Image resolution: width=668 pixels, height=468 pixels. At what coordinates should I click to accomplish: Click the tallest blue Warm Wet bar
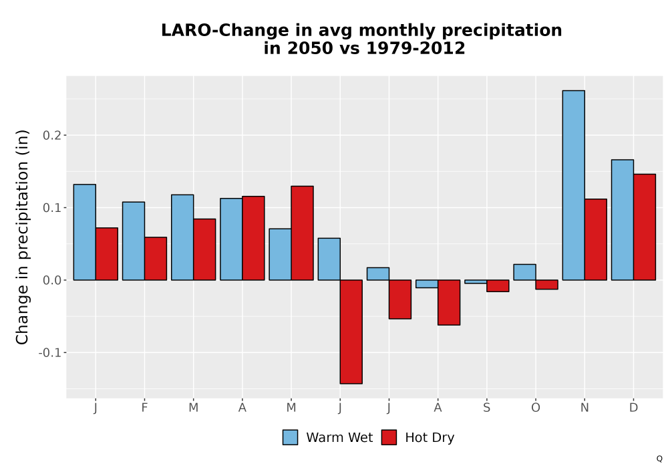573,185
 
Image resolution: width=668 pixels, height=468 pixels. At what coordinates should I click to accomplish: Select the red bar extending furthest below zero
351,332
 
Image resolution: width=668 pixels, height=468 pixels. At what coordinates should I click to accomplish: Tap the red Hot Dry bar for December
645,227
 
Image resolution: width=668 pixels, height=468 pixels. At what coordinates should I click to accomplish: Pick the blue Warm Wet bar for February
134,241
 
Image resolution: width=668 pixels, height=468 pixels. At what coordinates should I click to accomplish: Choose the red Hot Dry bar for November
596,239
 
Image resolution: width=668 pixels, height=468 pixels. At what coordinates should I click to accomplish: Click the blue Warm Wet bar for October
524,272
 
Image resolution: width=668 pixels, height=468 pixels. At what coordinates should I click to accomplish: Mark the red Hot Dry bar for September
498,285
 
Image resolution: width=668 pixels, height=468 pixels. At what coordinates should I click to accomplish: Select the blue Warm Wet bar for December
623,220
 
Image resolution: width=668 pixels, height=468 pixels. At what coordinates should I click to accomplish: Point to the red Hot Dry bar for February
156,258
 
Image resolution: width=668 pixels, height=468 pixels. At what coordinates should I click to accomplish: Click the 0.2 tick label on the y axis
51,136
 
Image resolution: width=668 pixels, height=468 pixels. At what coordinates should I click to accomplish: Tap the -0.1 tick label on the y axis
50,353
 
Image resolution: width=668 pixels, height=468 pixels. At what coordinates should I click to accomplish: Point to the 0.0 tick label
51,280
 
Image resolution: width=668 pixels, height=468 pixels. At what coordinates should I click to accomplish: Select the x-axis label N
584,408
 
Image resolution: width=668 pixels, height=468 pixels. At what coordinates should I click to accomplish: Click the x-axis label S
486,408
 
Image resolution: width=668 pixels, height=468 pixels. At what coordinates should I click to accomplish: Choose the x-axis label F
144,408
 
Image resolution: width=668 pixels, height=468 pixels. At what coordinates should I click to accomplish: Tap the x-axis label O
536,408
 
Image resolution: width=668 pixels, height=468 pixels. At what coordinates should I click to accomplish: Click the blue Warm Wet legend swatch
290,437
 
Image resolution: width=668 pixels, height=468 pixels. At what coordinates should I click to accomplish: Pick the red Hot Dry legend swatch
389,437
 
